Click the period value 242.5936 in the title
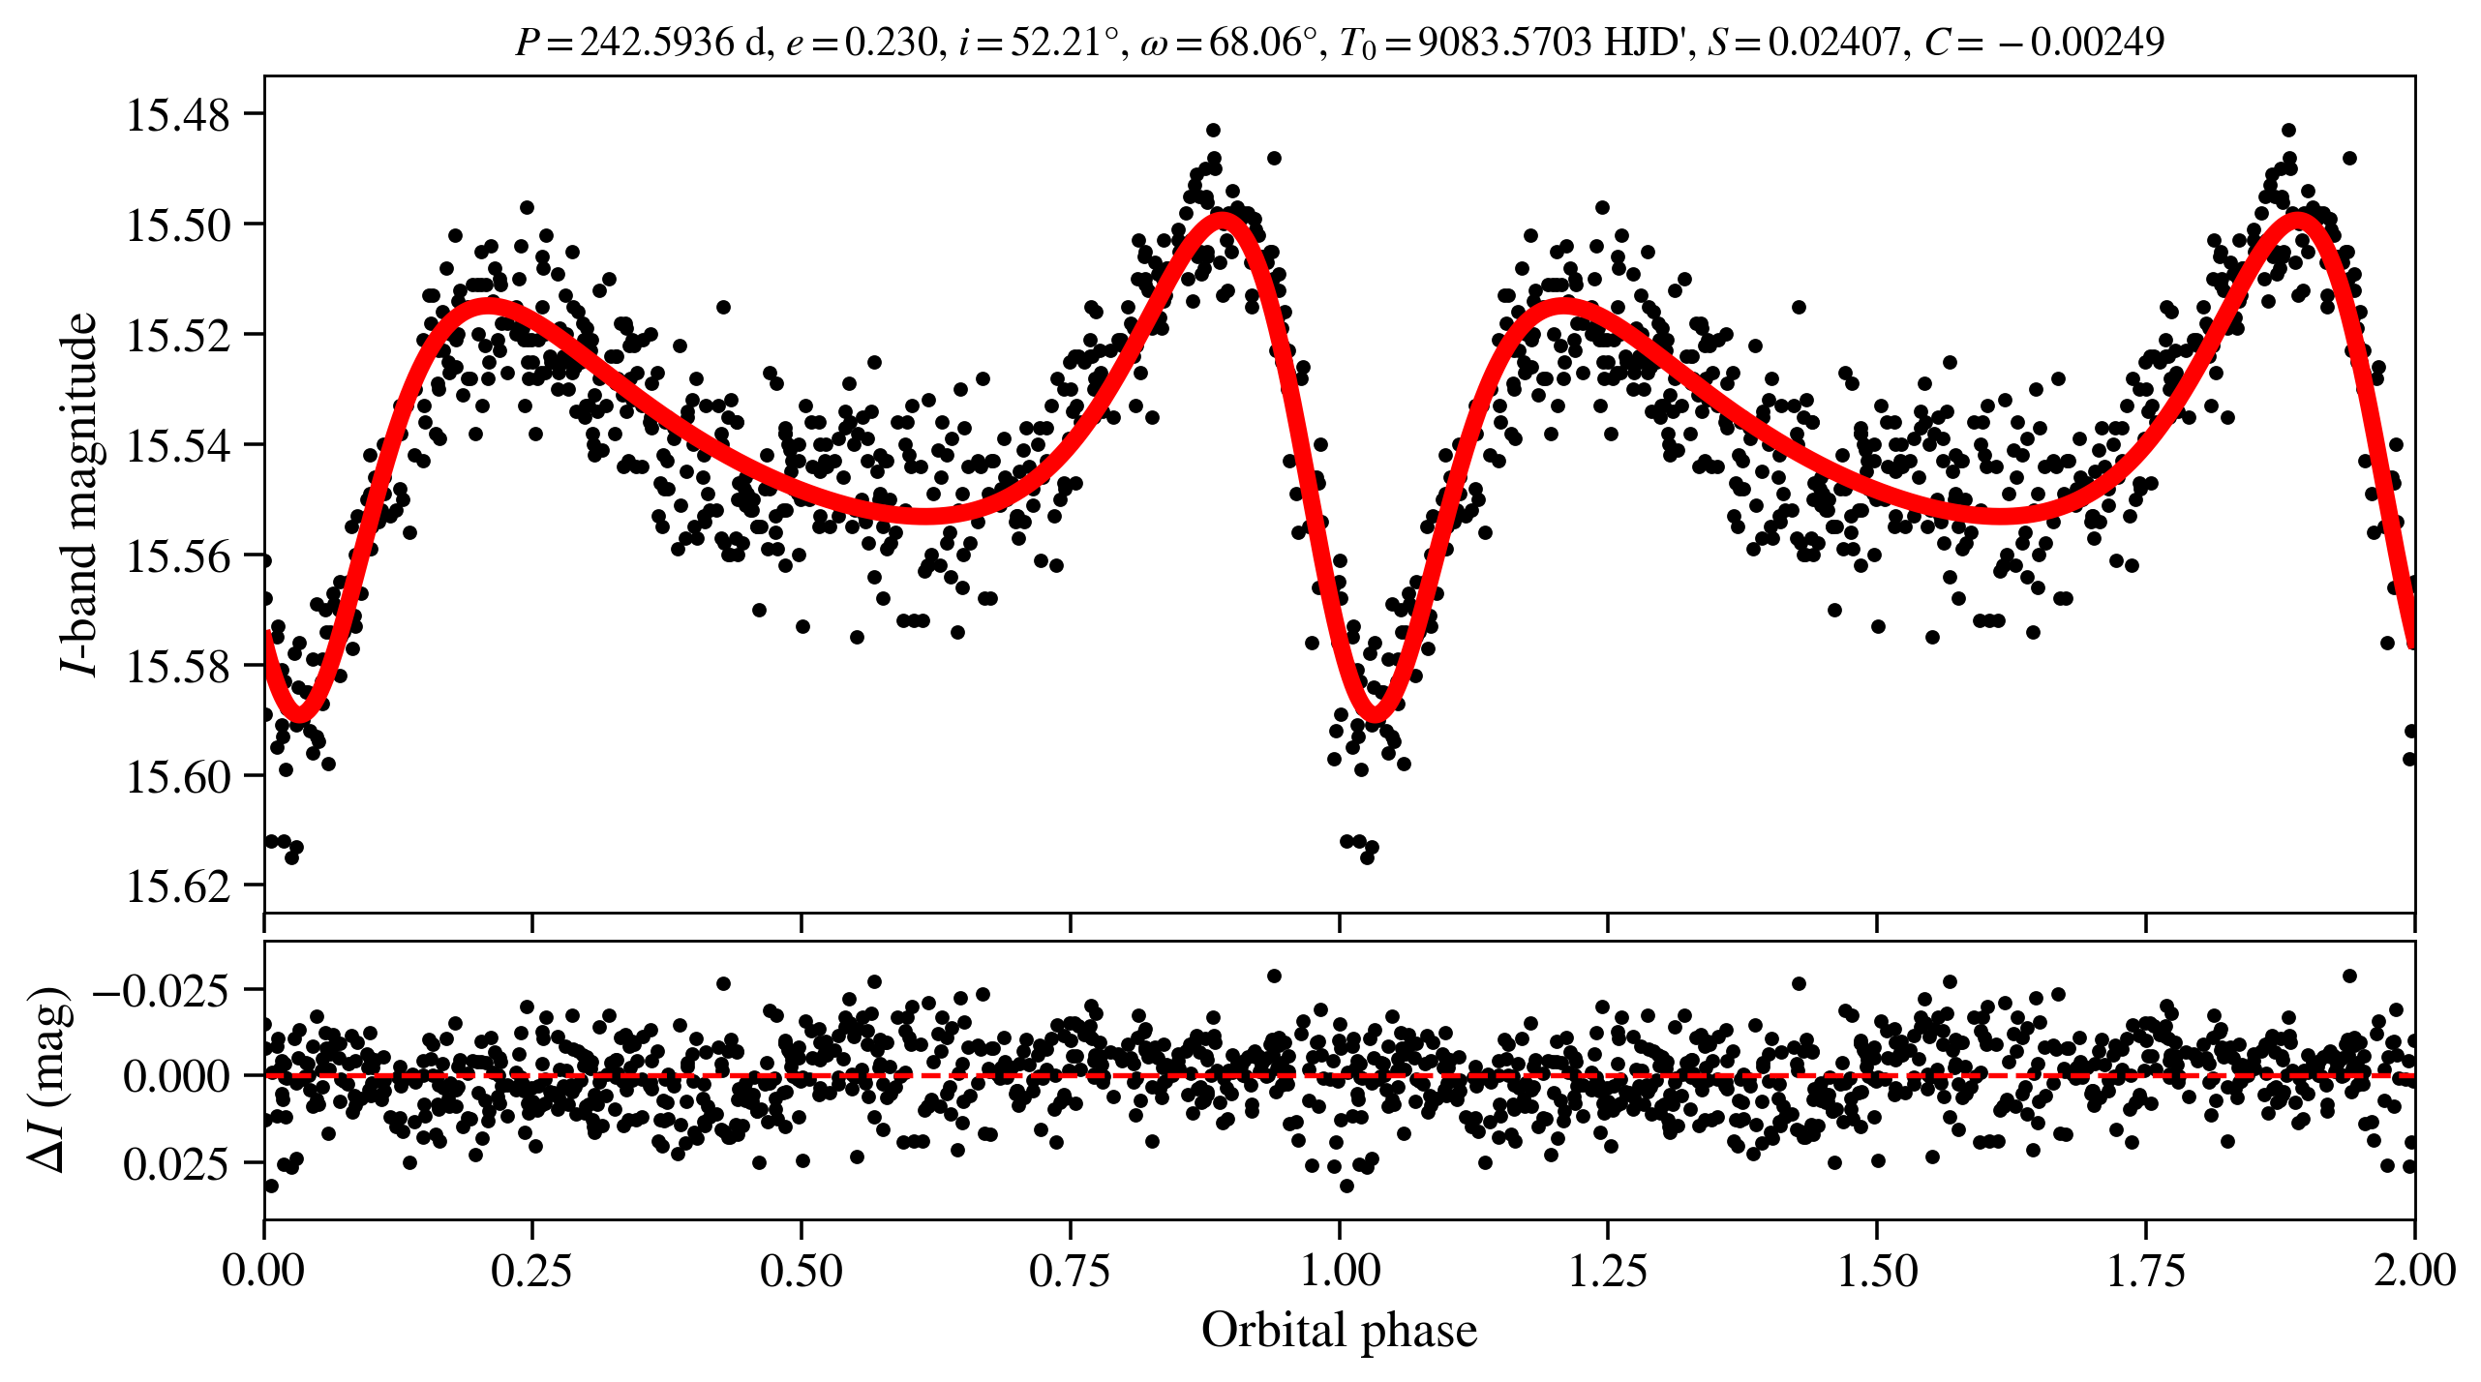[657, 43]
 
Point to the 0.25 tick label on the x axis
[531, 1270]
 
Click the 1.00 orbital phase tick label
[1339, 1270]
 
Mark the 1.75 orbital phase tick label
[2145, 1270]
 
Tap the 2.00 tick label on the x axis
[2413, 1270]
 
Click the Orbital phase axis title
[1339, 1330]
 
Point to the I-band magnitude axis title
[79, 494]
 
